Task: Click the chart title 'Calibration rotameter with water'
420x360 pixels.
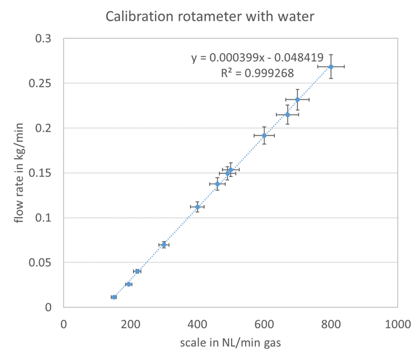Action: click(x=210, y=16)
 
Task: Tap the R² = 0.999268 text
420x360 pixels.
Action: click(x=257, y=73)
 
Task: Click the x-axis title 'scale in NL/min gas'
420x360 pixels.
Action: click(x=230, y=343)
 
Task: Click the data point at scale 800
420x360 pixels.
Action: click(x=331, y=67)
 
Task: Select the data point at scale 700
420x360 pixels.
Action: click(x=297, y=99)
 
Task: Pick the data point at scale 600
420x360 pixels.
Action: click(x=264, y=135)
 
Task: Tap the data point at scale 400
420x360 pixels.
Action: click(x=197, y=207)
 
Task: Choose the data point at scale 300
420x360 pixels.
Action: click(x=163, y=245)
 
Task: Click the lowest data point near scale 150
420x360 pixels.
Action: click(x=114, y=297)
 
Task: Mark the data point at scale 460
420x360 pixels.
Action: click(x=217, y=184)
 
